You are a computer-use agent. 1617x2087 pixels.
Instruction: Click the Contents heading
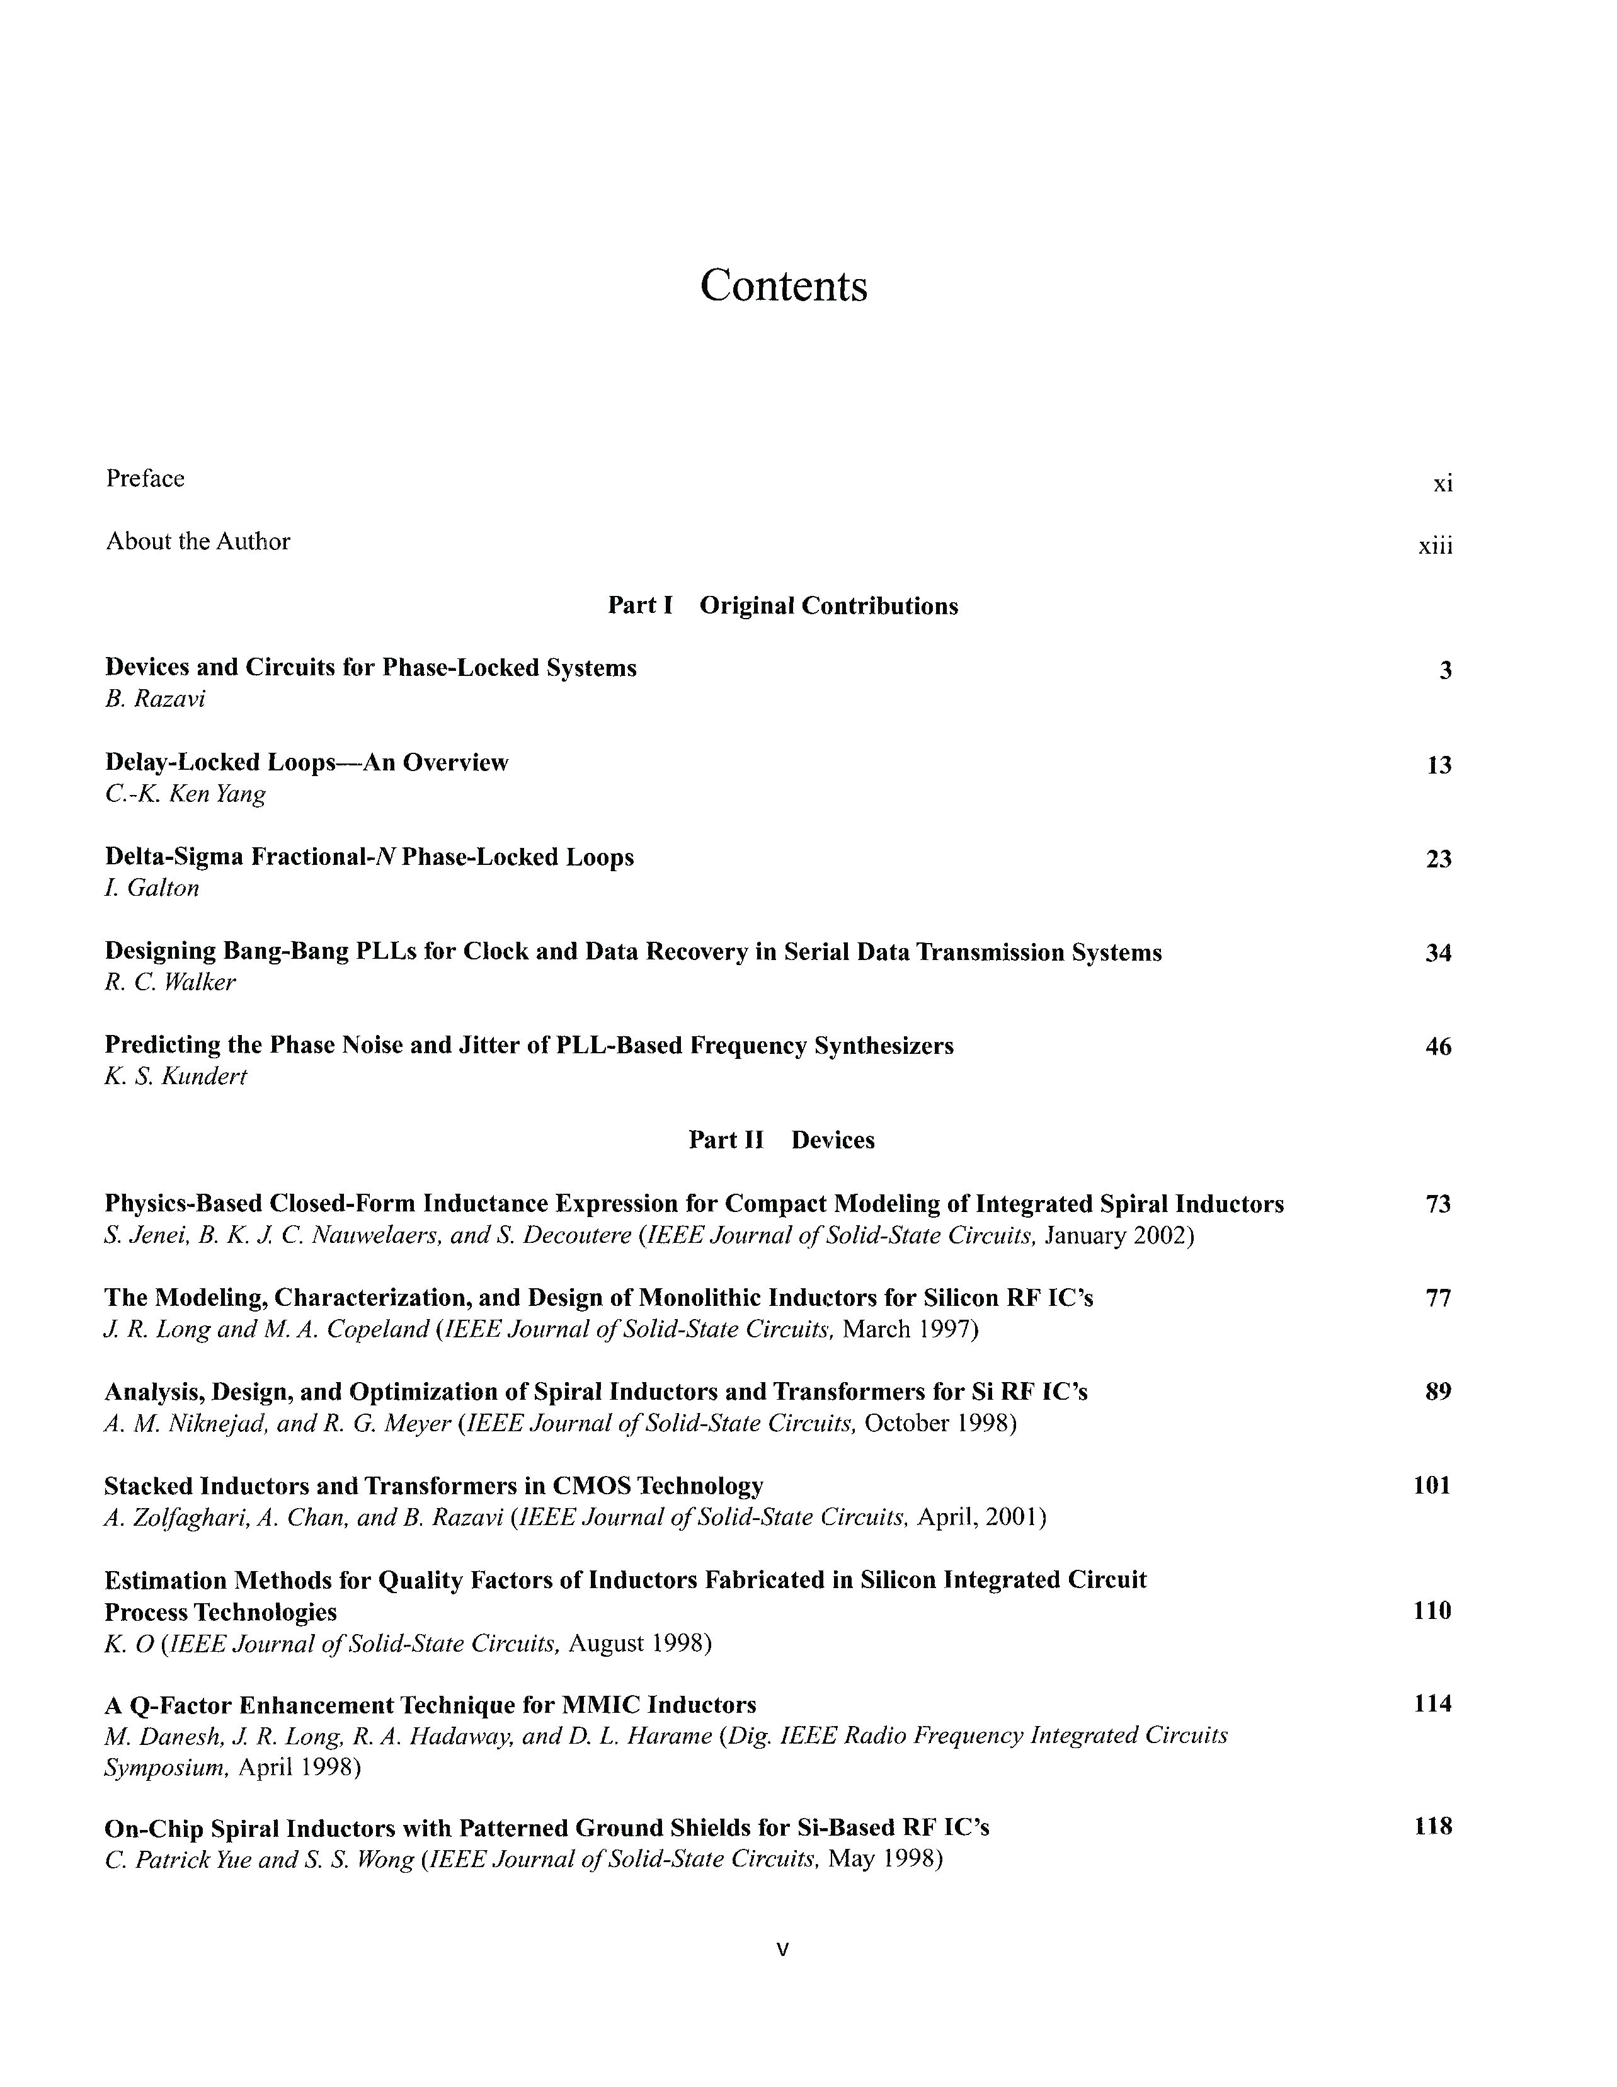[784, 286]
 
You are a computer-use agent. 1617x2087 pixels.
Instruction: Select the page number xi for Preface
[1442, 484]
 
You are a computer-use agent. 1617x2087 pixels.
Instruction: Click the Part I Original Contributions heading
[783, 606]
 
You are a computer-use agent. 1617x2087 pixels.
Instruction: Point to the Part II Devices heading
[781, 1140]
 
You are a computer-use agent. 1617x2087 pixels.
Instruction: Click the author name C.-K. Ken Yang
[185, 794]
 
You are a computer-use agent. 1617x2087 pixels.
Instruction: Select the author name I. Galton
[152, 888]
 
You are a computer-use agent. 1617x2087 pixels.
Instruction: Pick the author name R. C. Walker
[170, 982]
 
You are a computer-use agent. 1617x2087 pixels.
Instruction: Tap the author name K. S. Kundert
[176, 1077]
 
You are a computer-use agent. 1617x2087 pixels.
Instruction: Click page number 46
[1437, 1048]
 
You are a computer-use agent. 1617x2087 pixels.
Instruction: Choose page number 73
[1437, 1205]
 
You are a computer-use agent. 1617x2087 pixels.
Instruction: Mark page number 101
[1432, 1486]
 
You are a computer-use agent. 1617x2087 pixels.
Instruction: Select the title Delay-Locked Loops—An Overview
[307, 763]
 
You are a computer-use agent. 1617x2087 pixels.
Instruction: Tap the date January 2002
[1119, 1237]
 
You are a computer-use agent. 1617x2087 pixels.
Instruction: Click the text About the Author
[198, 542]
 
